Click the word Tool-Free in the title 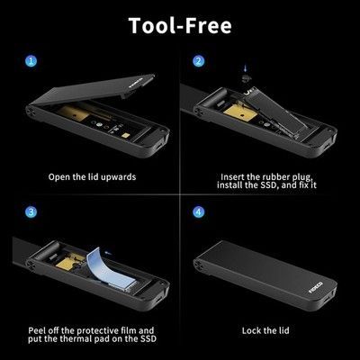tap(180, 25)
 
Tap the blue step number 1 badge tap(31, 61)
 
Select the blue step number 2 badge tap(198, 61)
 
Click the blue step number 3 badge tap(31, 212)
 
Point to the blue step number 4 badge tap(198, 212)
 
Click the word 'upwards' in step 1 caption tap(118, 177)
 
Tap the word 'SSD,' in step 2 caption tap(267, 184)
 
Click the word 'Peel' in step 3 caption tap(37, 331)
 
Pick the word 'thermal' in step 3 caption tap(93, 339)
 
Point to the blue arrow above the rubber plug tap(246, 68)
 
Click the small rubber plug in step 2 tap(246, 77)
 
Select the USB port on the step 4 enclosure tap(325, 301)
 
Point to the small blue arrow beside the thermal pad tap(108, 254)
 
